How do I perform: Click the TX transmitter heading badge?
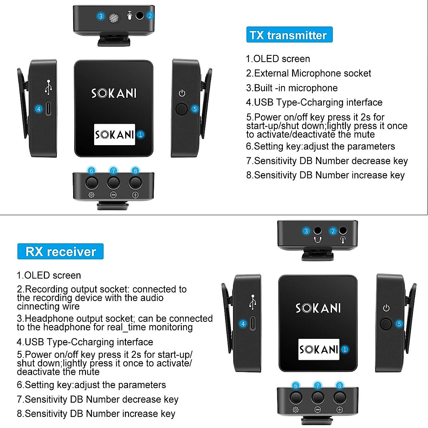pyautogui.click(x=289, y=35)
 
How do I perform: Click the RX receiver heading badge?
pyautogui.click(x=60, y=251)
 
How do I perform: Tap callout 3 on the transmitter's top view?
pyautogui.click(x=101, y=16)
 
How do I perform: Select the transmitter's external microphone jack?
pyautogui.click(x=140, y=16)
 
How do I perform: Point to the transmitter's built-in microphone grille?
pyautogui.click(x=113, y=17)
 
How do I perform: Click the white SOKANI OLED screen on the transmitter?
pyautogui.click(x=114, y=134)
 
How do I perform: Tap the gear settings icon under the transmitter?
pyautogui.click(x=91, y=195)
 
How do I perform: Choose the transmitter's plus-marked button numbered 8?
pyautogui.click(x=135, y=183)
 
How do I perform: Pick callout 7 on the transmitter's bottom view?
pyautogui.click(x=113, y=171)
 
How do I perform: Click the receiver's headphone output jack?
pyautogui.click(x=317, y=230)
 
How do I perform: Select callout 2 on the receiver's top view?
pyautogui.click(x=333, y=231)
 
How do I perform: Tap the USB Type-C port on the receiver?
pyautogui.click(x=253, y=324)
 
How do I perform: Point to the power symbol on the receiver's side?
pyautogui.click(x=386, y=308)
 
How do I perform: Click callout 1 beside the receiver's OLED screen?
pyautogui.click(x=345, y=350)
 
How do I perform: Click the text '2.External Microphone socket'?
pyautogui.click(x=309, y=73)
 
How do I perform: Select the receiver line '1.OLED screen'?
pyautogui.click(x=49, y=275)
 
